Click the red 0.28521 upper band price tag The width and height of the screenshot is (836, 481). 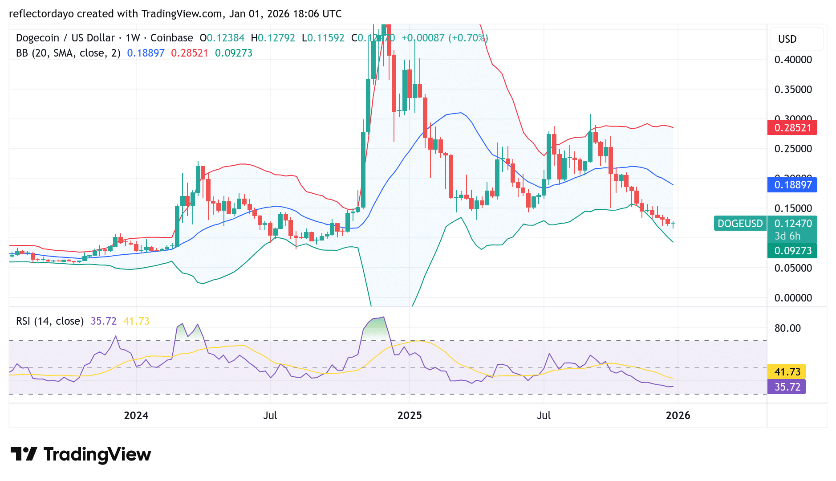click(792, 128)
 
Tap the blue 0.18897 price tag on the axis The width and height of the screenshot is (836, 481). click(792, 185)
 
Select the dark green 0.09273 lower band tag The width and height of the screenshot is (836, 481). click(792, 251)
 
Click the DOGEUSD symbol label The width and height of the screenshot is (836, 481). click(740, 224)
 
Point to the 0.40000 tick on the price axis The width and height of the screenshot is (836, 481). click(793, 60)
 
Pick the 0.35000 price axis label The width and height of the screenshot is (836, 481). click(793, 90)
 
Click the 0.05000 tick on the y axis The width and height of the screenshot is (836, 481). click(793, 268)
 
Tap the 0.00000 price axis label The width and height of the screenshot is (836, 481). click(793, 298)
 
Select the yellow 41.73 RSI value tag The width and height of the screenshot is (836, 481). click(787, 372)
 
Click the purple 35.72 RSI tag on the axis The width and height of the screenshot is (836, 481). click(787, 387)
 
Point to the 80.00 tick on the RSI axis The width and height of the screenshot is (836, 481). click(787, 328)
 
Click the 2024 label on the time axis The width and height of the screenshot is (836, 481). click(136, 416)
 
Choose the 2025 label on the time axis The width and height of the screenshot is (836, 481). click(409, 416)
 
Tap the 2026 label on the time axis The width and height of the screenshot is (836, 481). click(678, 416)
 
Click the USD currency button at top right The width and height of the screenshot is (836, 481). click(787, 39)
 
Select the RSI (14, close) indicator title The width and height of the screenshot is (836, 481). click(50, 321)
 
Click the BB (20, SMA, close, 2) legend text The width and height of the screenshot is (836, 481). click(68, 53)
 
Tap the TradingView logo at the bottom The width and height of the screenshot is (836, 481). click(81, 454)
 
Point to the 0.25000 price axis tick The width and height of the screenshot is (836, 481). click(793, 149)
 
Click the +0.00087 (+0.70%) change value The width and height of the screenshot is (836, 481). click(444, 38)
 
